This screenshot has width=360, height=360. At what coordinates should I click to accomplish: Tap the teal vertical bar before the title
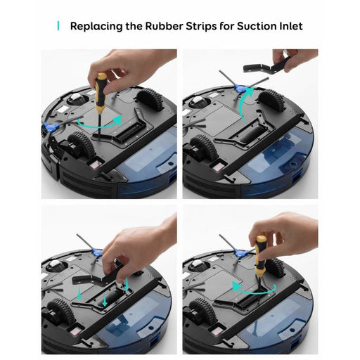[x=58, y=27]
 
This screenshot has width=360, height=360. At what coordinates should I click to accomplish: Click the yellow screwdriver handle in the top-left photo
[x=101, y=86]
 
